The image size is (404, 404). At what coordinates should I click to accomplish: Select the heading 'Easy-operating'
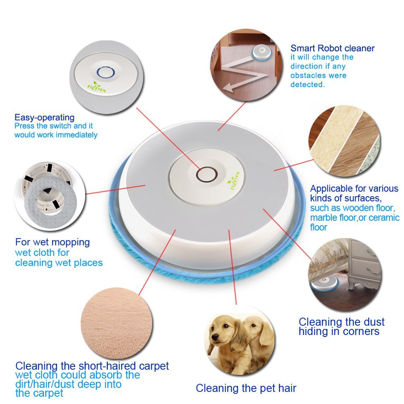point(44,117)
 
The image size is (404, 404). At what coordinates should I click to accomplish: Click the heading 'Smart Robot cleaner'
point(333,48)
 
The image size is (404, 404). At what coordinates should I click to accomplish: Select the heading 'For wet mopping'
point(52,242)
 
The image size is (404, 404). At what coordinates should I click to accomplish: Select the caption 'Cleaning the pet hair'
point(246,388)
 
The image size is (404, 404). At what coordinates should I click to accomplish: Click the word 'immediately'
point(76,135)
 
